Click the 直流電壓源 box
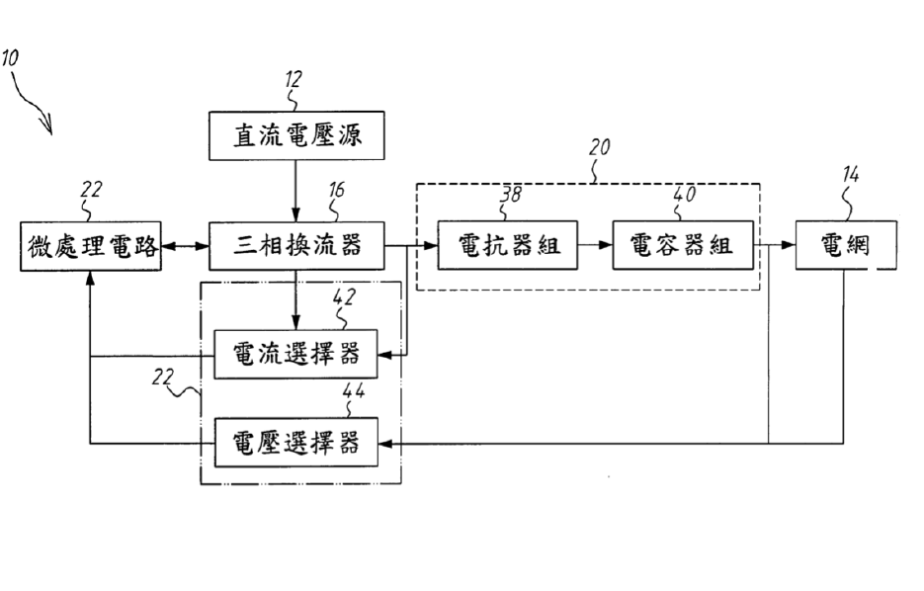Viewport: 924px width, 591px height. coord(296,135)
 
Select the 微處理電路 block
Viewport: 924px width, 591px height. coord(91,246)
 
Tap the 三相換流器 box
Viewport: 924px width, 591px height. coord(296,246)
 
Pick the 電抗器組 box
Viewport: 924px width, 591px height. coord(507,245)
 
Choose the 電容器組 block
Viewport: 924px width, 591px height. coord(683,245)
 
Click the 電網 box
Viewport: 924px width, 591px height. coord(846,245)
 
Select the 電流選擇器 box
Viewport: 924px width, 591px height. coord(295,354)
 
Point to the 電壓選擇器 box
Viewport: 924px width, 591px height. coord(295,443)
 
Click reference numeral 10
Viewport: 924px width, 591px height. coord(10,58)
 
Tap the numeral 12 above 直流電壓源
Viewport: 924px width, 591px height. coord(294,79)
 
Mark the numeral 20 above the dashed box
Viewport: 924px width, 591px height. coord(599,146)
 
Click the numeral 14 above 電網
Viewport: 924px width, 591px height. coord(850,174)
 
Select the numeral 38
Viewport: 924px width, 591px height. coord(511,194)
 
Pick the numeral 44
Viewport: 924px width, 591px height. coord(353,390)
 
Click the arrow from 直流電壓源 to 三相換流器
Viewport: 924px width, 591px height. coord(295,191)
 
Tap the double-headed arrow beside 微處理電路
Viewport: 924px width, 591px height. coord(185,246)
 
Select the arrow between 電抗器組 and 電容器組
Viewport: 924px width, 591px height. coord(595,244)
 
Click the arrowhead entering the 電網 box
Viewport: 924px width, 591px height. coord(789,244)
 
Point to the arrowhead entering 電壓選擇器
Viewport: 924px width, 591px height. coord(384,443)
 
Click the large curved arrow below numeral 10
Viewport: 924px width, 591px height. coord(30,103)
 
